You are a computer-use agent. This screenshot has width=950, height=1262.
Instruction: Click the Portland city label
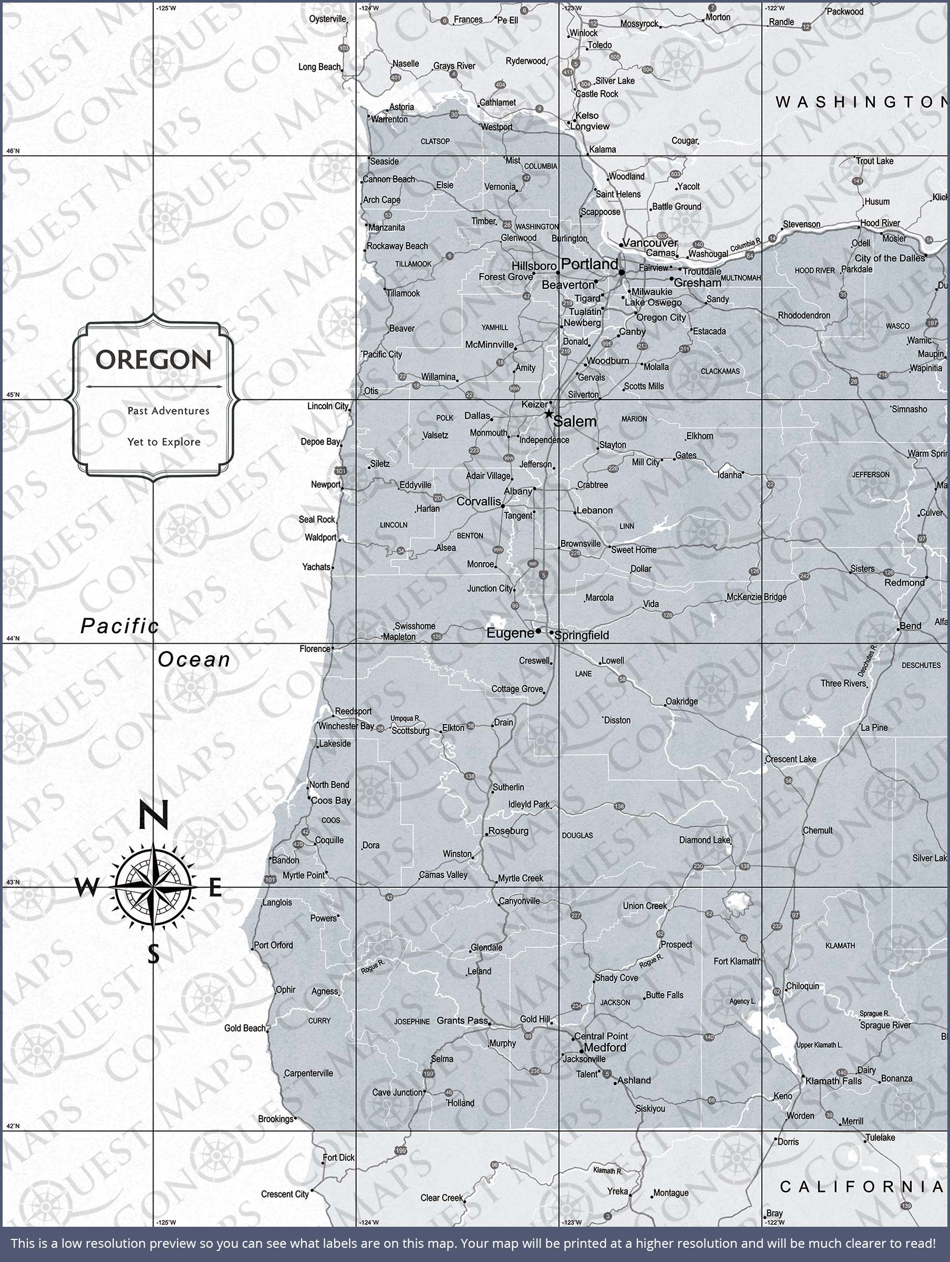click(589, 264)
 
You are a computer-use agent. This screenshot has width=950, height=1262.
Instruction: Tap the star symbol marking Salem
click(548, 414)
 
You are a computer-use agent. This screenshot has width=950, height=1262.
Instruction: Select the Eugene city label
click(510, 633)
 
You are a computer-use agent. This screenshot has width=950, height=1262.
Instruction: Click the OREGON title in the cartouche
click(153, 360)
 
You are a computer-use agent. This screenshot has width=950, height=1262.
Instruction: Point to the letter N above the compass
click(153, 815)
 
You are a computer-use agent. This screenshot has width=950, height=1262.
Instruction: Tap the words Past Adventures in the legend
click(168, 411)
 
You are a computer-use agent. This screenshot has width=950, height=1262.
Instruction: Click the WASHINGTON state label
click(861, 102)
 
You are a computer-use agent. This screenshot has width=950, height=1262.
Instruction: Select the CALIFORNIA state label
click(861, 1187)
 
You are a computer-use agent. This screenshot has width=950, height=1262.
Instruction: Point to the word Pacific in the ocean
click(119, 626)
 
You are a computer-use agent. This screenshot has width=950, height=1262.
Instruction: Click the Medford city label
click(605, 1047)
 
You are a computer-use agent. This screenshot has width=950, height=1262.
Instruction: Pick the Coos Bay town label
click(331, 800)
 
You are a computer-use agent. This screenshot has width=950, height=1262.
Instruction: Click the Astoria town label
click(401, 107)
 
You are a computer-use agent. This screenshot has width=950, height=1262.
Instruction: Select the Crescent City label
click(285, 1194)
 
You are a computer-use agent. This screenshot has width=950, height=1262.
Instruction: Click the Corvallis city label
click(479, 502)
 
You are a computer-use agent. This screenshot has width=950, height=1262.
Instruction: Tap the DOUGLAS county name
click(577, 835)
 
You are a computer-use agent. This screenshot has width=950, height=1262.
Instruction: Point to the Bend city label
click(910, 626)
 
